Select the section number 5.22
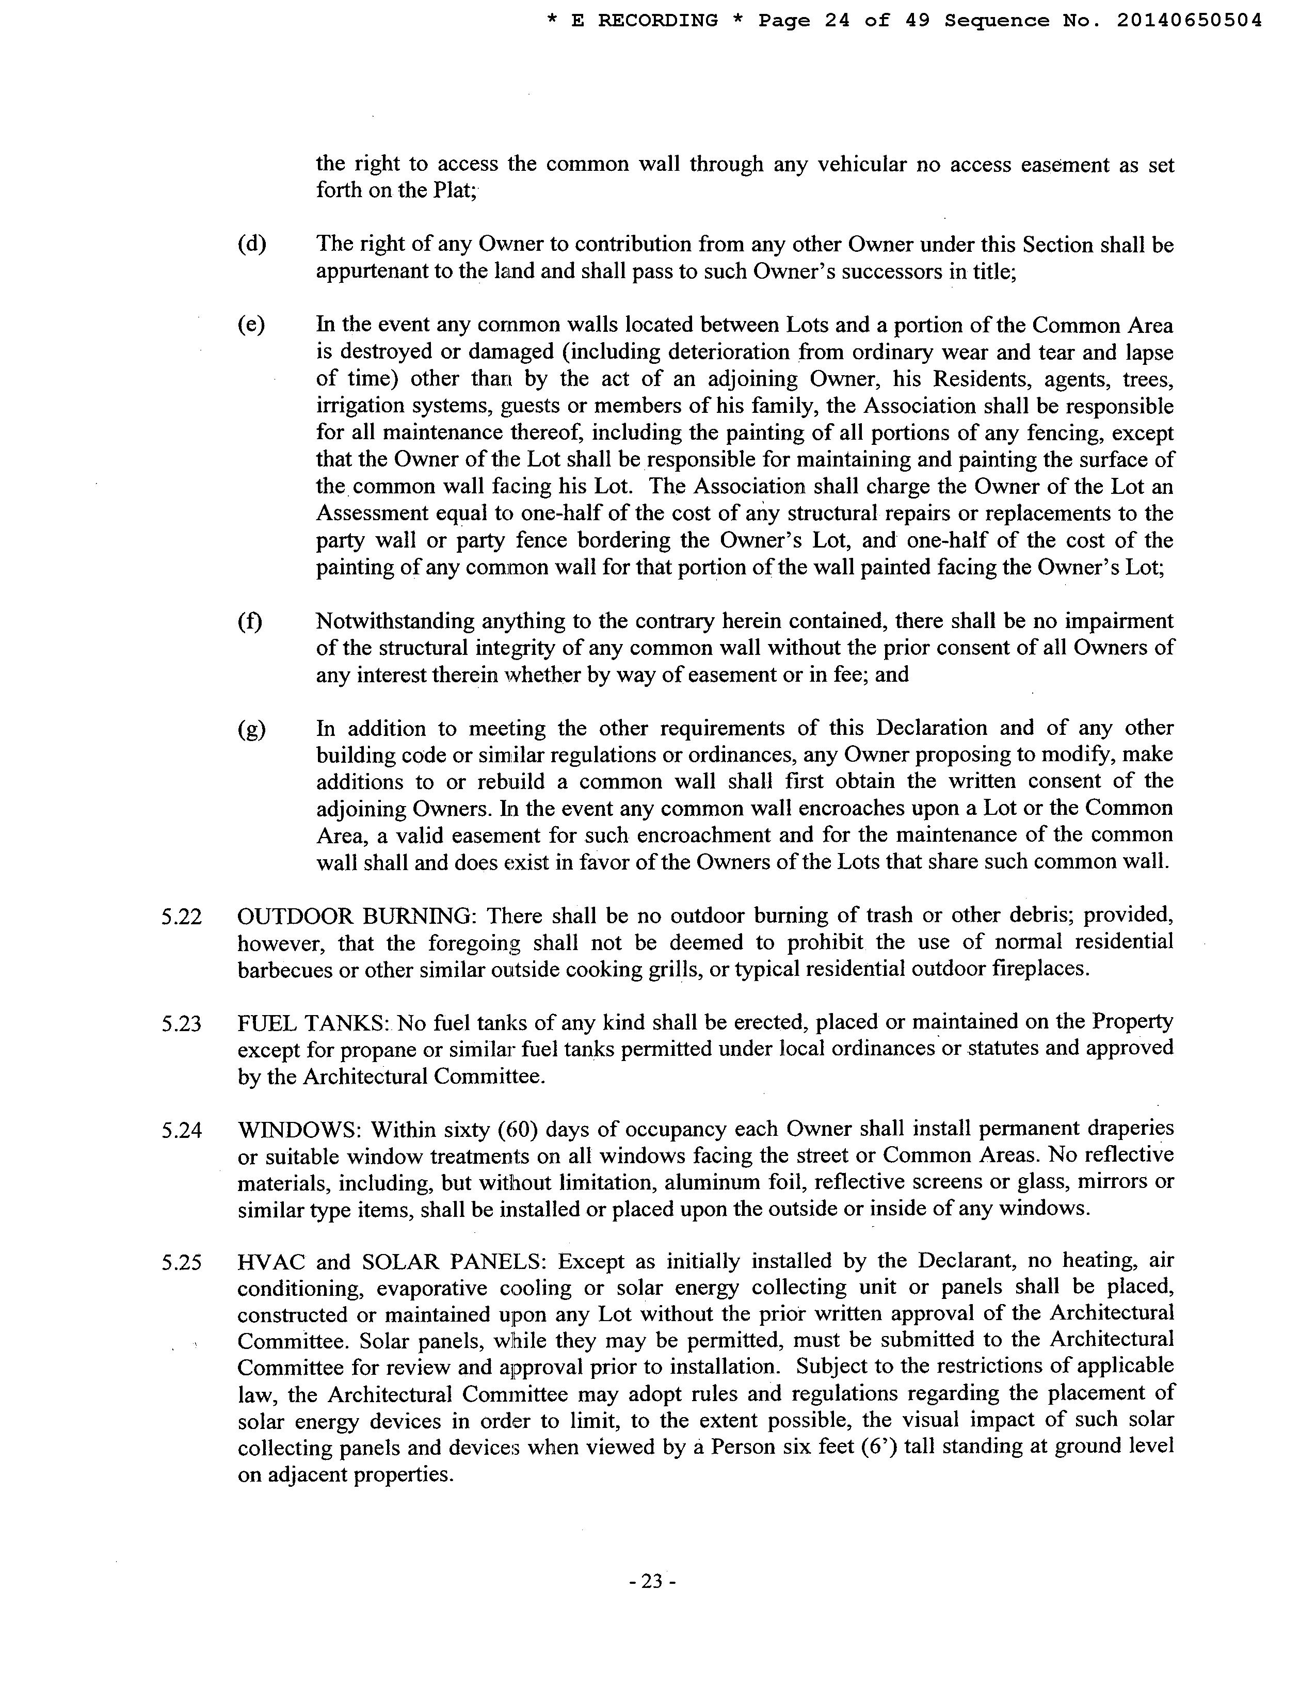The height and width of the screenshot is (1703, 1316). [x=182, y=917]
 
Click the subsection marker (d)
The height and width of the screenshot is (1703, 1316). [x=251, y=244]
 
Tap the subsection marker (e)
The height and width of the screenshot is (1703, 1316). [x=251, y=325]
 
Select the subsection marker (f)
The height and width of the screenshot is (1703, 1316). [x=249, y=621]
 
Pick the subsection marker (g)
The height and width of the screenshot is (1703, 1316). [x=251, y=729]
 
